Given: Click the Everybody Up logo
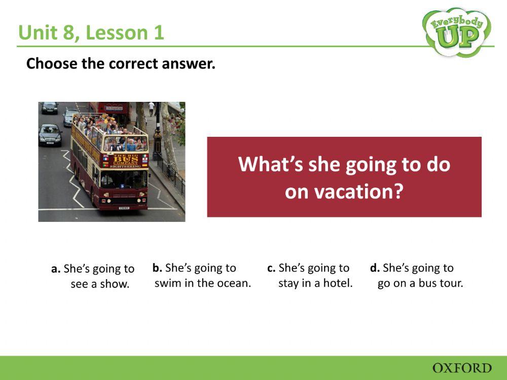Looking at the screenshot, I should click(456, 31).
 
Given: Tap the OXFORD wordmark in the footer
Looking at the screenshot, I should click(462, 368).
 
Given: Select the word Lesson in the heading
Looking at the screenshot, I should click(111, 33).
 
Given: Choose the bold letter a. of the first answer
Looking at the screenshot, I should click(56, 269).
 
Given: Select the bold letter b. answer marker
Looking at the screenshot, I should click(157, 268).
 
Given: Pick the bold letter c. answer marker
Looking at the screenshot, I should click(271, 268).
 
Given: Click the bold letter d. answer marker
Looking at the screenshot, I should click(375, 268).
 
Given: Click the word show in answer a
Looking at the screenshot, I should click(117, 284).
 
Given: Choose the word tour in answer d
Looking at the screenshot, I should click(451, 283).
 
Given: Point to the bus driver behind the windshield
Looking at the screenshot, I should click(107, 179).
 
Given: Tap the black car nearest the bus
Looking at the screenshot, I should click(50, 135).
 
